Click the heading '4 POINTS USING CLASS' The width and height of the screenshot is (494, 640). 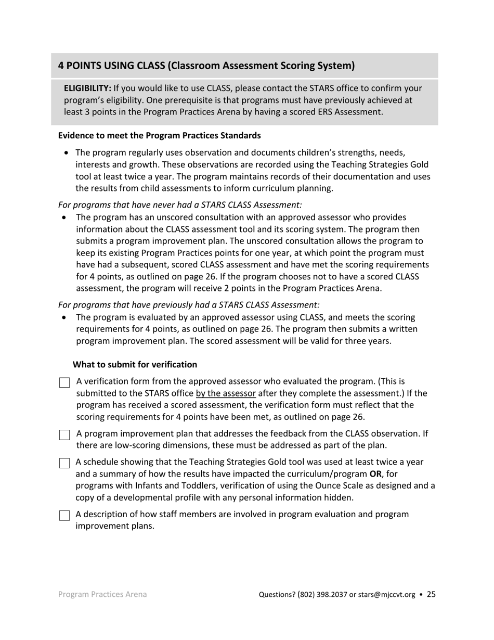[x=206, y=66]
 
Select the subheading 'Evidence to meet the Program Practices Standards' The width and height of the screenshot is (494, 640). [x=159, y=136]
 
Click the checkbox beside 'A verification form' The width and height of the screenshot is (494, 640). [x=64, y=383]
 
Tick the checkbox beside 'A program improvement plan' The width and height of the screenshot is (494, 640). [x=64, y=435]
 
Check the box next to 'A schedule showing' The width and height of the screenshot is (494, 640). [x=64, y=463]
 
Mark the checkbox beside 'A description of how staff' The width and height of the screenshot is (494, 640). [x=64, y=516]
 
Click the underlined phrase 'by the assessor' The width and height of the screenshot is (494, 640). [x=226, y=393]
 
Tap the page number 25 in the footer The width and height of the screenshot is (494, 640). [x=431, y=594]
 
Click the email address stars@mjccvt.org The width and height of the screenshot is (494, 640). [x=387, y=595]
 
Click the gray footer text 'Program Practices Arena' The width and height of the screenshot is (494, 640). [x=102, y=594]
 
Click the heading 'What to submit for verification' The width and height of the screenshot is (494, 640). [x=135, y=365]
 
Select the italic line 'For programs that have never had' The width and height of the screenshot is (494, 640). [x=180, y=205]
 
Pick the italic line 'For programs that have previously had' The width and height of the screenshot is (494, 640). [x=189, y=305]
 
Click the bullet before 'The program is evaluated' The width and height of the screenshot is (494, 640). [x=64, y=317]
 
